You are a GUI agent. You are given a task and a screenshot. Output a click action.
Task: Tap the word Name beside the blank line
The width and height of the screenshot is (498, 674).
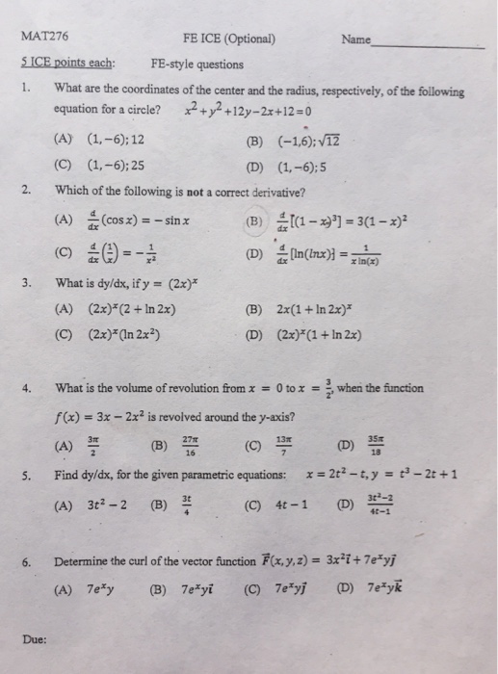tap(355, 40)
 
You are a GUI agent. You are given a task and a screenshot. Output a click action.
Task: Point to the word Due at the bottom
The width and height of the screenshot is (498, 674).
tap(36, 635)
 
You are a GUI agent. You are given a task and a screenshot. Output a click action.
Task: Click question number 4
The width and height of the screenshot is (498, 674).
tap(29, 389)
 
